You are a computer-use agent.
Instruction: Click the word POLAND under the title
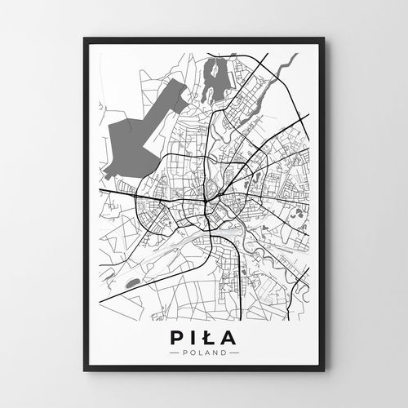204,353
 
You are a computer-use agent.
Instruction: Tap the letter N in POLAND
213,353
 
